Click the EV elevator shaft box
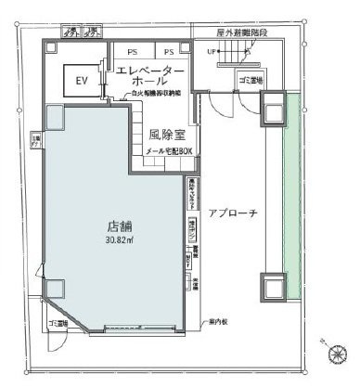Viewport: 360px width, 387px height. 81,81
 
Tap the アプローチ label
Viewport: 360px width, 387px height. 232,212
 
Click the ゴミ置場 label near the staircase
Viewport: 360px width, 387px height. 248,81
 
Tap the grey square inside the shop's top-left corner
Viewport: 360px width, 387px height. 53,115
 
